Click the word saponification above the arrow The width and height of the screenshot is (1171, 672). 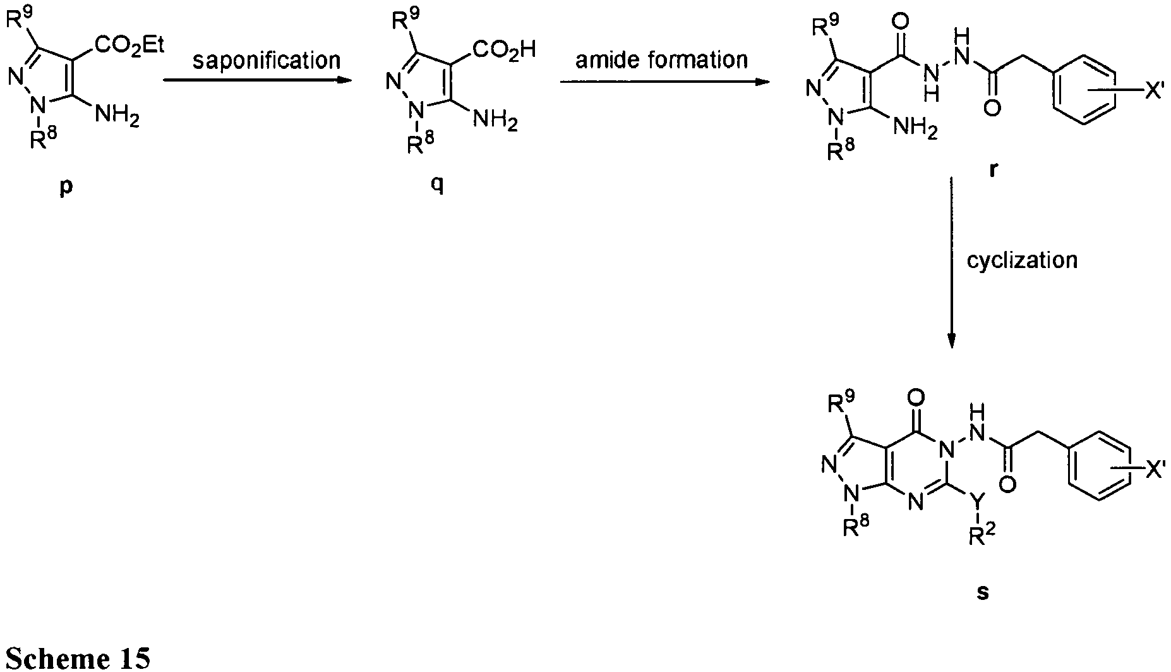point(266,61)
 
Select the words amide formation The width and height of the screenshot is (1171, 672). point(661,59)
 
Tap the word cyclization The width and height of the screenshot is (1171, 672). point(1022,260)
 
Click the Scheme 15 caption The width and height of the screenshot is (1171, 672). point(76,657)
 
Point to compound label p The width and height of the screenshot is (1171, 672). point(66,188)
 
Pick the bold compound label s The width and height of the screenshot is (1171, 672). point(982,592)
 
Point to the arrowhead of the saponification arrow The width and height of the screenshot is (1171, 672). point(344,81)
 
